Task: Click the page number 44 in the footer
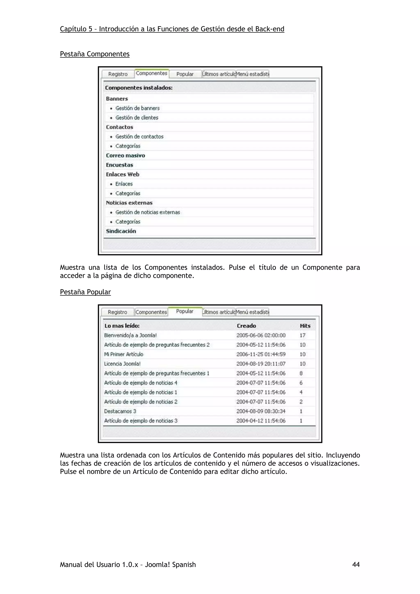click(356, 564)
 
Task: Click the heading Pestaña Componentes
click(95, 54)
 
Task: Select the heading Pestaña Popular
click(85, 292)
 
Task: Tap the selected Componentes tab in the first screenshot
click(152, 73)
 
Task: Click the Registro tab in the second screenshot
click(118, 312)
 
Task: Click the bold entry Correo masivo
click(126, 156)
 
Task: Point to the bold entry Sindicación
click(121, 231)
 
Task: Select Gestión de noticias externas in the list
click(147, 212)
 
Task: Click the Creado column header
click(246, 326)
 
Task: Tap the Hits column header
click(305, 326)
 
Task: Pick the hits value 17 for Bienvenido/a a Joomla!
click(302, 336)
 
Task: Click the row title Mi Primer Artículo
click(124, 354)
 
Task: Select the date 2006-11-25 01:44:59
click(261, 354)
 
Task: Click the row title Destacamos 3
click(120, 411)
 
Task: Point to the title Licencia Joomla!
click(122, 364)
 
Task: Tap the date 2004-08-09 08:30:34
click(261, 411)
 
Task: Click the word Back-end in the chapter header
click(270, 29)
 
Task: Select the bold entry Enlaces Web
click(123, 174)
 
